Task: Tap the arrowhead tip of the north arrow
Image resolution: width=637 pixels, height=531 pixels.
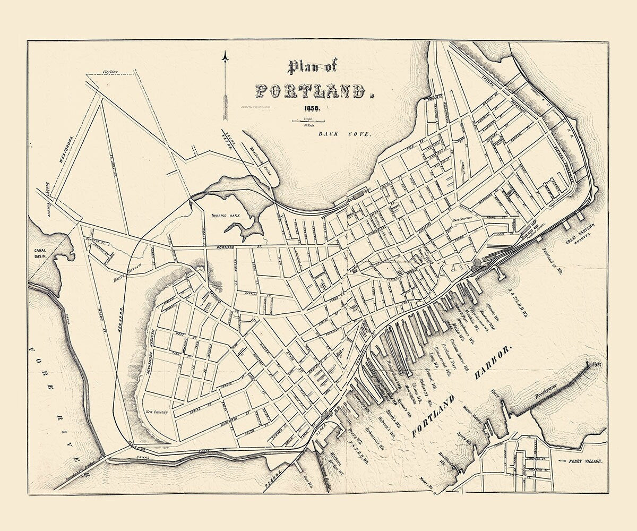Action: click(225, 53)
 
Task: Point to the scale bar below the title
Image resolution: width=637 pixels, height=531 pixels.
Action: click(308, 122)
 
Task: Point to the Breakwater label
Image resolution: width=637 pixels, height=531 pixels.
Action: click(552, 393)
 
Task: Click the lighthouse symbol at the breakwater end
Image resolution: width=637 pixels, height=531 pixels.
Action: click(588, 364)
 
